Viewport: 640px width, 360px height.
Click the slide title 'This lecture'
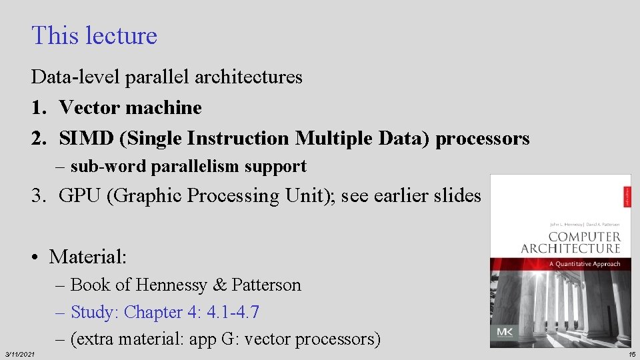tap(94, 35)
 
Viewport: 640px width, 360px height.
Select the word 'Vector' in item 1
tap(90, 107)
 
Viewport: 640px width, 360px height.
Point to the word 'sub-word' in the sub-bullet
tap(109, 167)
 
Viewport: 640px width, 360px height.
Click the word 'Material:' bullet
tap(87, 256)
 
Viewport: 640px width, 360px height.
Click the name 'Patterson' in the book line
tap(266, 285)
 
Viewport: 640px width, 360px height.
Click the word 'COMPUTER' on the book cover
tap(584, 237)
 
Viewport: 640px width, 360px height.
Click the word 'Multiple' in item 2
tap(329, 138)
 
